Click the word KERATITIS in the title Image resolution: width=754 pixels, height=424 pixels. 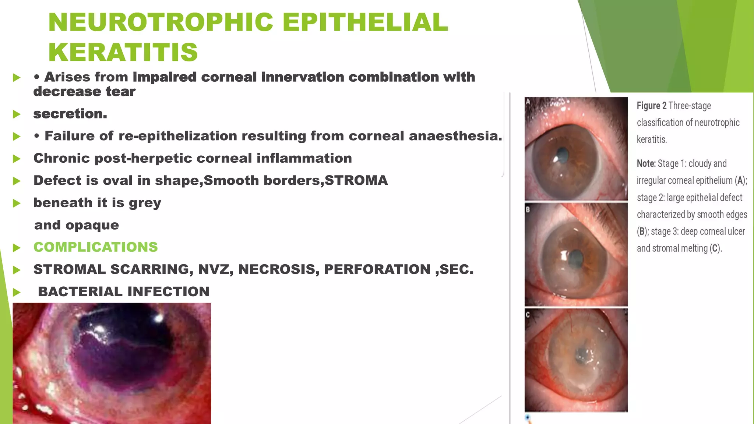[123, 52]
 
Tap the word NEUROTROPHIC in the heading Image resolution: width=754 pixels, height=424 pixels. [161, 22]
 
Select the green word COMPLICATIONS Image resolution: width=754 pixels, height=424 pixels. [95, 247]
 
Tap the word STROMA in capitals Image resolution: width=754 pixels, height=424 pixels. [356, 180]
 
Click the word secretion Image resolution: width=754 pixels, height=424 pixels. [70, 114]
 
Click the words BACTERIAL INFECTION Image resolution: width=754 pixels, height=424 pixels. [123, 291]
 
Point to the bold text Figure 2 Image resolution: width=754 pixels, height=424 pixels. [651, 106]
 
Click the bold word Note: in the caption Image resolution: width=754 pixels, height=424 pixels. [646, 163]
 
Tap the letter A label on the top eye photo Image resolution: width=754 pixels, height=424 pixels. [528, 102]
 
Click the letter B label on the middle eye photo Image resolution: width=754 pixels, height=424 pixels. [528, 209]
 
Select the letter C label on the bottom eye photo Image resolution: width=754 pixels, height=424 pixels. [528, 315]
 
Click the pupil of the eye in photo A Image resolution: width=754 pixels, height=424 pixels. [562, 153]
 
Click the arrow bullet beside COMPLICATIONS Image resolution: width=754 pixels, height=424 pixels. [17, 248]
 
